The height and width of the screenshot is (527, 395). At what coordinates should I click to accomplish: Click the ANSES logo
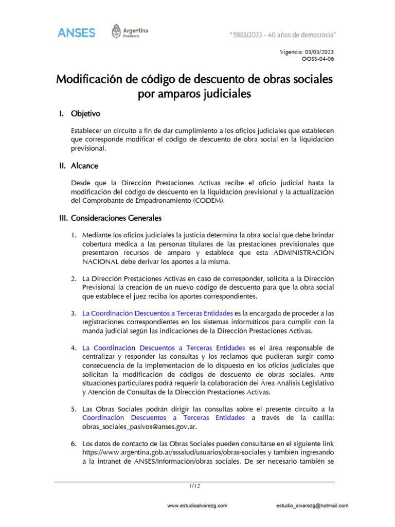coord(76,32)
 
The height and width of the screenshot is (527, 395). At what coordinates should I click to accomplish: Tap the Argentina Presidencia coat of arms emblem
coord(117,32)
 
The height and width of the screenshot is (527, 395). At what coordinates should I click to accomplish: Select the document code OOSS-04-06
coord(318,59)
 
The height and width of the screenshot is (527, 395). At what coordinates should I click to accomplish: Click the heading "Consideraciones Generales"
coord(116,218)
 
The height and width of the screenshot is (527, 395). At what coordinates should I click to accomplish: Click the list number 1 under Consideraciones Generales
coord(74,235)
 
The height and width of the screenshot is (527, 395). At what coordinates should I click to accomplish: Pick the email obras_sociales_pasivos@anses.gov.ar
coord(139,427)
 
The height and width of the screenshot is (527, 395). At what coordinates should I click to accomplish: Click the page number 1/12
coord(194,485)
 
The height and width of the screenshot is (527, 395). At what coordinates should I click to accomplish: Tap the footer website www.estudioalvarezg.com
coord(197,506)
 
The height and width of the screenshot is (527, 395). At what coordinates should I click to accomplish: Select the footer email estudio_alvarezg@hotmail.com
coord(312,506)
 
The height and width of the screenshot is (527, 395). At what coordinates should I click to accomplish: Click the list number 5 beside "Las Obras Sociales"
coord(74,409)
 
